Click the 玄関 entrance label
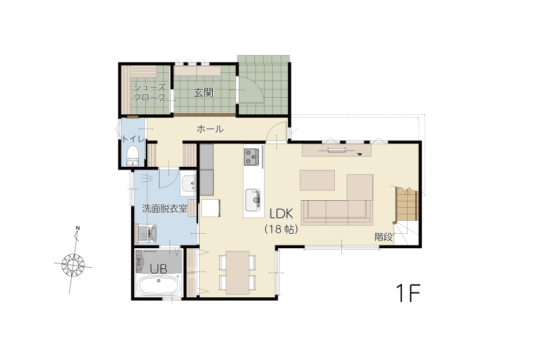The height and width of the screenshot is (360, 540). (x=203, y=92)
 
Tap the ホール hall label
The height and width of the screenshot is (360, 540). (x=210, y=129)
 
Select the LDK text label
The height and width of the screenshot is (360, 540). (x=281, y=214)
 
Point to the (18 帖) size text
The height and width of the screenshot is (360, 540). (x=281, y=229)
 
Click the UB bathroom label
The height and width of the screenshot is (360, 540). (x=158, y=268)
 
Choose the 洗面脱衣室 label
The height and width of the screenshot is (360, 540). (x=165, y=208)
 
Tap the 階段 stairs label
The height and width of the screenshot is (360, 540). (x=383, y=237)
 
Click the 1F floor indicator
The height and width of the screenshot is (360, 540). (x=408, y=293)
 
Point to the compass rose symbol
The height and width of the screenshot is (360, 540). (x=73, y=264)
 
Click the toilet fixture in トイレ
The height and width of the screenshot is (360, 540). (x=132, y=155)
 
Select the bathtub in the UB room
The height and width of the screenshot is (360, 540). (x=158, y=286)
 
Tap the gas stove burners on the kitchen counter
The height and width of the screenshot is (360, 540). (x=252, y=157)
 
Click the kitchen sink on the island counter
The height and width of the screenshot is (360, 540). (x=253, y=200)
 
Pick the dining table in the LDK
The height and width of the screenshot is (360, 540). (x=238, y=273)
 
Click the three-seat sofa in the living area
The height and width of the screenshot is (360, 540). (x=337, y=212)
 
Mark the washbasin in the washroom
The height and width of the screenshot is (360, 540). (x=188, y=184)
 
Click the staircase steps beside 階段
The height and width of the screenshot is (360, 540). (x=407, y=205)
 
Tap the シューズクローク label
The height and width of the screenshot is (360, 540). (x=150, y=92)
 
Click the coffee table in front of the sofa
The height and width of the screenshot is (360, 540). (x=317, y=180)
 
